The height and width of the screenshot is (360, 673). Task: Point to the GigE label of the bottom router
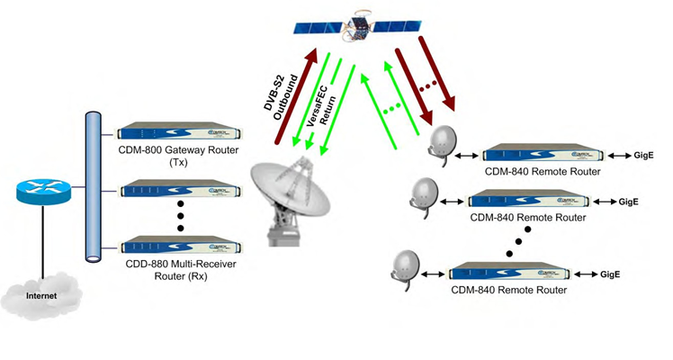pyautogui.click(x=611, y=273)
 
